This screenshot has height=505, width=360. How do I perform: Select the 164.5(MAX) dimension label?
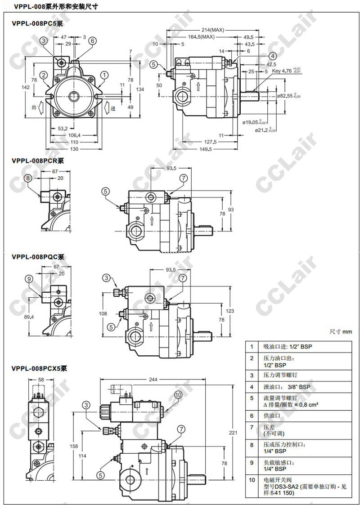pos(201,37)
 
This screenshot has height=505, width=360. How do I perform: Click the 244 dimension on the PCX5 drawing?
pos(153,380)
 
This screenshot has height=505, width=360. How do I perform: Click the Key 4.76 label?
pos(282,71)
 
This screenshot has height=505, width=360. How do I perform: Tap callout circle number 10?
pos(178,395)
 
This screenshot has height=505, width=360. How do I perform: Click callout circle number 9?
pos(29,279)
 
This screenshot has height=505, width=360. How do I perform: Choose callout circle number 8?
pos(28,178)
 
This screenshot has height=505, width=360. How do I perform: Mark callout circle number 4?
pos(272,56)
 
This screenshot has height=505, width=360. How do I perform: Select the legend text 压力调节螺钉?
pos(280,375)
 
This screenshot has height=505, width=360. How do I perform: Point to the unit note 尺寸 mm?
pos(340,332)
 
